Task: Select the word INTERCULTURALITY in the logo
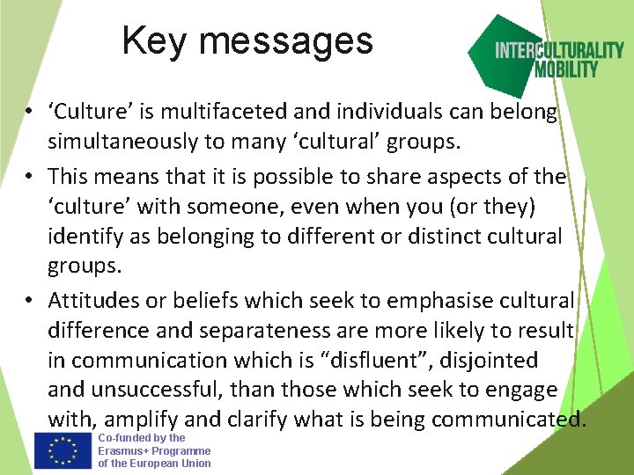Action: coord(558,50)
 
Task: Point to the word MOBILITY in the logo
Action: coord(567,69)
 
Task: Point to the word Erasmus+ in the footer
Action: coord(123,450)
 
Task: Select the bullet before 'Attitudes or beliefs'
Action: coord(29,301)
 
